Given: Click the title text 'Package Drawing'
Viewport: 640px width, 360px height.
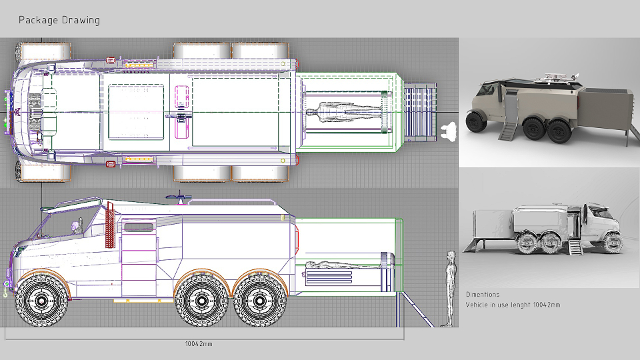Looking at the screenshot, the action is click(x=59, y=20).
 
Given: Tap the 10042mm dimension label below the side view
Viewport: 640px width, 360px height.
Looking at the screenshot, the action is click(x=199, y=344).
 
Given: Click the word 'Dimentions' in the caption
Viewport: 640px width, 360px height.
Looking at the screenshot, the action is click(x=483, y=294).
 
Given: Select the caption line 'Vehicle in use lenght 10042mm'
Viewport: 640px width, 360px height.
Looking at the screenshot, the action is click(x=513, y=305).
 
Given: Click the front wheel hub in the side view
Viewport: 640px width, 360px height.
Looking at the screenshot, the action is click(x=41, y=301).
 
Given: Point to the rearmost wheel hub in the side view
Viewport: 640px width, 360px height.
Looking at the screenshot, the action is click(x=260, y=301).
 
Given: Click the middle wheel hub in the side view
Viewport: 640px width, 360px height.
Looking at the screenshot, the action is click(x=201, y=301).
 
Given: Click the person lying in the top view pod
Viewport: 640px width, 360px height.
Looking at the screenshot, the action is click(x=345, y=111).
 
